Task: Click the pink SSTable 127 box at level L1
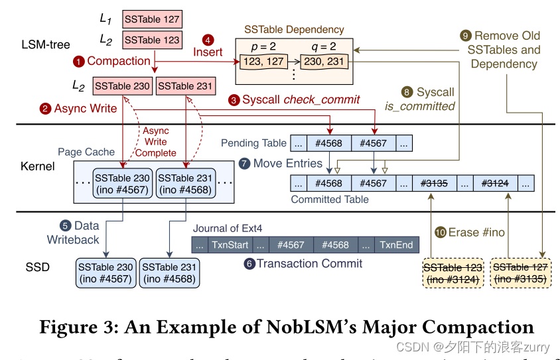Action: tap(152, 19)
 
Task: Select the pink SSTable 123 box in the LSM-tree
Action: tap(152, 40)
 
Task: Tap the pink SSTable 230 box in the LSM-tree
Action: tap(122, 86)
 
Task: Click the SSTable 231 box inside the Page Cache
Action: tap(186, 184)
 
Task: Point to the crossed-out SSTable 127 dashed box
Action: tap(520, 273)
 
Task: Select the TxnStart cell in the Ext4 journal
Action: tap(230, 245)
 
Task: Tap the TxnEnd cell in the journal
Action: tap(396, 245)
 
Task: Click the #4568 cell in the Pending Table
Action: tap(328, 143)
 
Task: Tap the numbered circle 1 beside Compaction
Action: tap(79, 62)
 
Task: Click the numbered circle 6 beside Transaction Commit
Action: tap(249, 264)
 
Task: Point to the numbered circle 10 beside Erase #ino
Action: tap(441, 232)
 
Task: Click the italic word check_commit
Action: tap(322, 99)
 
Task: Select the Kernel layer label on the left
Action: tap(38, 166)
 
